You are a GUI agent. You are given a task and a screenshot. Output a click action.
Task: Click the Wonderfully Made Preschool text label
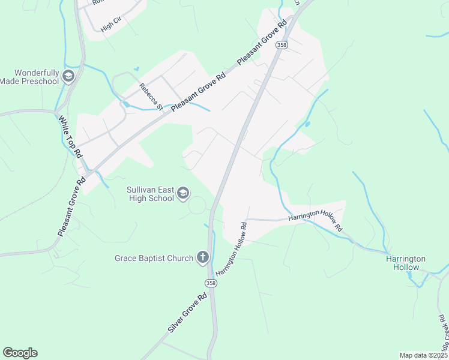click(29, 76)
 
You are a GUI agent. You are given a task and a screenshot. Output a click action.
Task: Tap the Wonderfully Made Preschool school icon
click(68, 76)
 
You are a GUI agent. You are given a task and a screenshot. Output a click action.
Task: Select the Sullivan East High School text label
click(150, 194)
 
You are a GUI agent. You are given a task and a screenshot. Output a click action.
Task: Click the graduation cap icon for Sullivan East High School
click(183, 193)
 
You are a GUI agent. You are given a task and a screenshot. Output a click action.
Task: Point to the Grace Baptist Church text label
click(154, 258)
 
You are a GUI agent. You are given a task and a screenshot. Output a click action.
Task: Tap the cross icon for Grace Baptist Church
click(203, 258)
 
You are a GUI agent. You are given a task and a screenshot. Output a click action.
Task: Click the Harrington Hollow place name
click(406, 263)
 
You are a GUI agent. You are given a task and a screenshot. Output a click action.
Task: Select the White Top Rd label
click(70, 136)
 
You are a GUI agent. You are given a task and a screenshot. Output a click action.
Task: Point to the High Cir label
click(111, 25)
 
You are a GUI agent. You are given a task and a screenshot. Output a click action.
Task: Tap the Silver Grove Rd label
click(187, 313)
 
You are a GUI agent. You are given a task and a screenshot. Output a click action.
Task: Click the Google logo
click(20, 353)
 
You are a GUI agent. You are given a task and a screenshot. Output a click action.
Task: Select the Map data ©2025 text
click(424, 355)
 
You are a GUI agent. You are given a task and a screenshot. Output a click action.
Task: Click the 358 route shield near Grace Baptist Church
click(211, 283)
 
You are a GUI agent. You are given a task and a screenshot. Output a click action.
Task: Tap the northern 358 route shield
click(281, 45)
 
